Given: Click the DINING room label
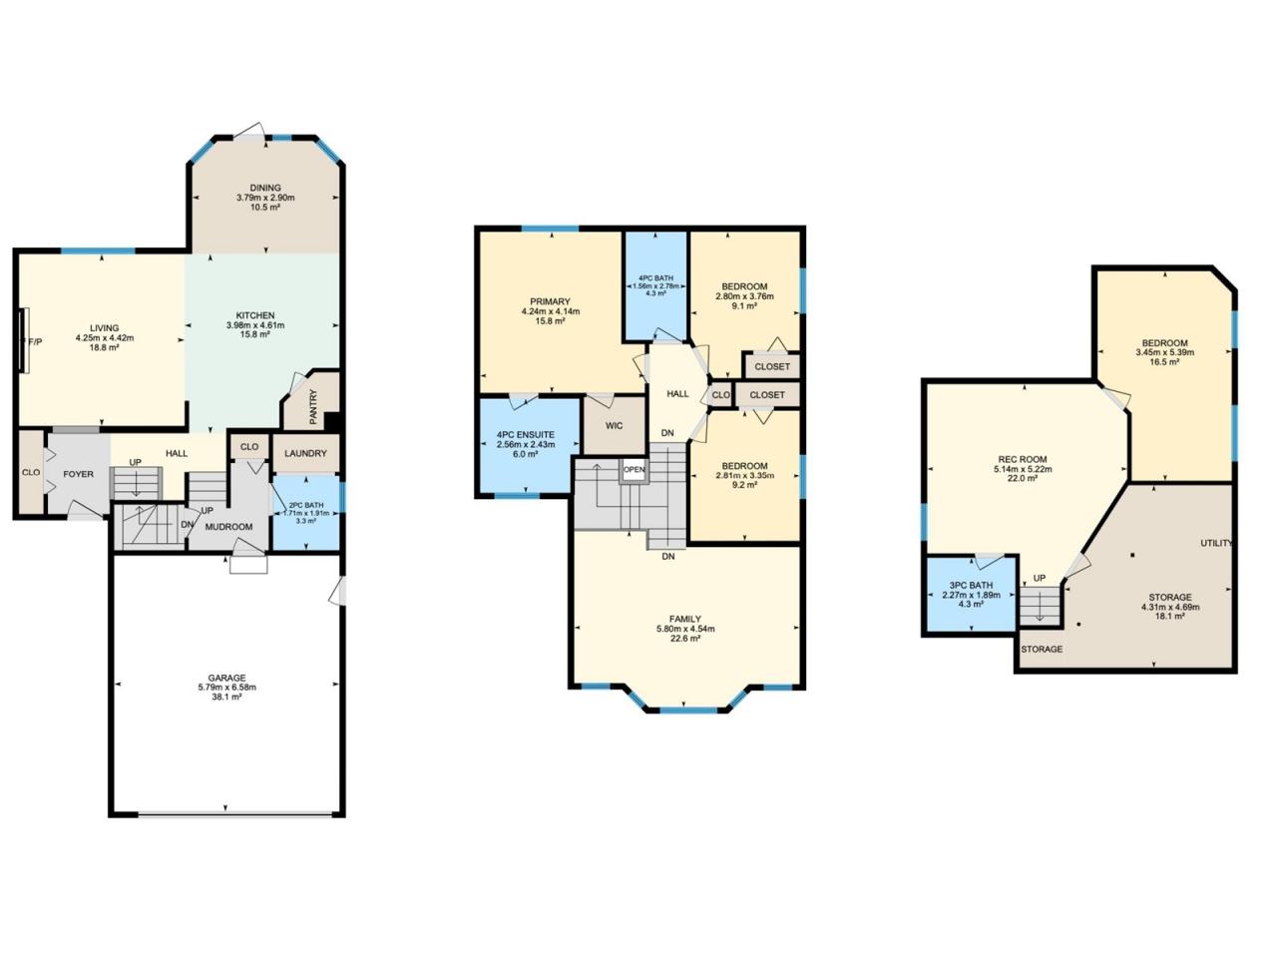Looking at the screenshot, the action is click(x=265, y=188).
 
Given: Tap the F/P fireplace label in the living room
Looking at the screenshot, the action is click(x=36, y=342).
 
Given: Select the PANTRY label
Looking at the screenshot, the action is click(x=313, y=406).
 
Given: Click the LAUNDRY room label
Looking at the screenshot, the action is click(x=305, y=453).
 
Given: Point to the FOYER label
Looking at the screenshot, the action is click(x=78, y=474).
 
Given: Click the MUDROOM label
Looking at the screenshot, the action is click(x=228, y=527).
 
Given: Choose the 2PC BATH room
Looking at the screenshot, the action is click(x=306, y=513).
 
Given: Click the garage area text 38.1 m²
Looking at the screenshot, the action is click(x=226, y=697).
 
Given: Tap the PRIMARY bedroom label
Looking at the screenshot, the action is click(x=550, y=302).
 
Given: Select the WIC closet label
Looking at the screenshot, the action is click(x=615, y=426).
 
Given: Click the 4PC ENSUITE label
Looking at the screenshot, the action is click(x=526, y=435).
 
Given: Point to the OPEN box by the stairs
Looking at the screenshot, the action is click(x=635, y=469).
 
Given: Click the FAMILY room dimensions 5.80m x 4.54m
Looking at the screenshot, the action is click(x=685, y=629).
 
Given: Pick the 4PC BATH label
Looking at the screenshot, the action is click(x=655, y=278).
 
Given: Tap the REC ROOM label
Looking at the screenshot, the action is click(x=1023, y=459).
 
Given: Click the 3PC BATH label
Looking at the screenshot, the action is click(x=971, y=585).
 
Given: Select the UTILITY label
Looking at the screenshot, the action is click(x=1216, y=543).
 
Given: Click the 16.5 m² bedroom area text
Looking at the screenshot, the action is click(x=1164, y=362).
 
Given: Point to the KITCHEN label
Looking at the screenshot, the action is click(x=254, y=316).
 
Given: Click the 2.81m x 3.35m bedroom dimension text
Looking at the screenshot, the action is click(x=744, y=475).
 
